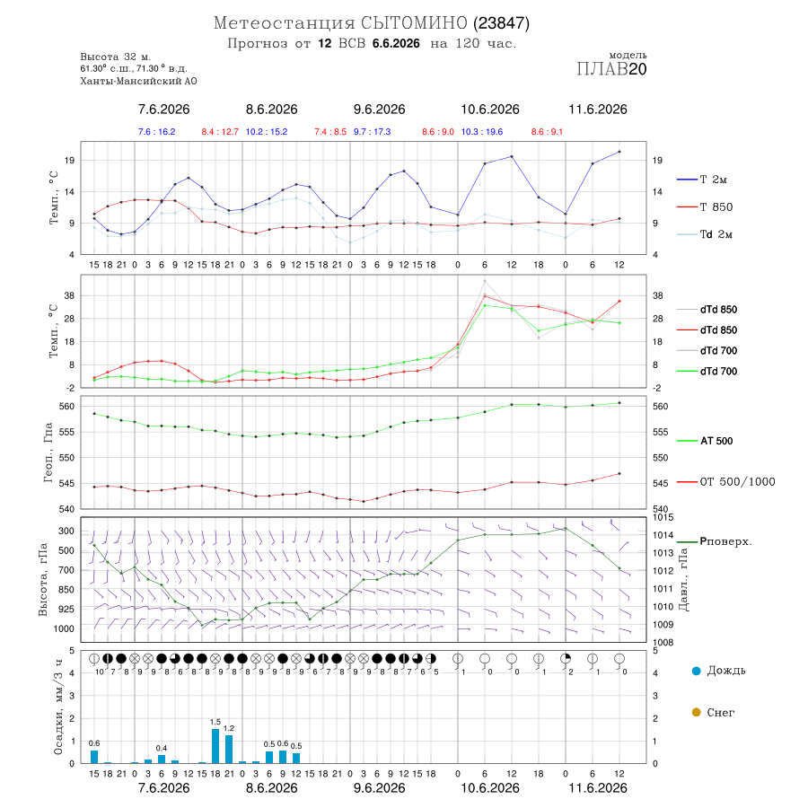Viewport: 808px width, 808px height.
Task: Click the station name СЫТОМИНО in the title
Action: [x=414, y=23]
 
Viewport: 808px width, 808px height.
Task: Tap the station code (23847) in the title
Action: [x=502, y=23]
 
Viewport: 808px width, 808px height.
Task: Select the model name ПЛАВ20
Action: [x=611, y=69]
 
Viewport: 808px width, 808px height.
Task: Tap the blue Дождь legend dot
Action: [x=696, y=671]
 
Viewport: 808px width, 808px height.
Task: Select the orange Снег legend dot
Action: [x=696, y=712]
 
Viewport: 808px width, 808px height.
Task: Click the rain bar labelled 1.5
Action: [x=215, y=746]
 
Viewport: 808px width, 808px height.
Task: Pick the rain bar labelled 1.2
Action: [x=229, y=750]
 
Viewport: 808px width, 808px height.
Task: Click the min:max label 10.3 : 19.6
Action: [x=482, y=132]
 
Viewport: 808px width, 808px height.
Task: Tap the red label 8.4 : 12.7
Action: [x=220, y=132]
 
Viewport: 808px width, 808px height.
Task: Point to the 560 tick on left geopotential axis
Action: [x=67, y=406]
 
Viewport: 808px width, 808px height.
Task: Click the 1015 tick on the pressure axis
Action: [x=663, y=517]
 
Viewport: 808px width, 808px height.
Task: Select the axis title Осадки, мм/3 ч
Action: [x=57, y=707]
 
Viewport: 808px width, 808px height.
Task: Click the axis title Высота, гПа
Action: [x=43, y=579]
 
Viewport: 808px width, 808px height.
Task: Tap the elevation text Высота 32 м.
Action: [x=116, y=57]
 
